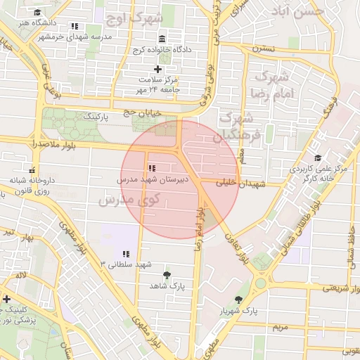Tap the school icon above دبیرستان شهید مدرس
pos(151,169)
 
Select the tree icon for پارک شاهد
pos(166,275)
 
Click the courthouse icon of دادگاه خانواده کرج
pos(162,39)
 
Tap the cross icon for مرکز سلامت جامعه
pos(157,69)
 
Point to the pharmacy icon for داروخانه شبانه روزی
pos(31,170)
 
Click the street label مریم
pos(280,327)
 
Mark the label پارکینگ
pos(96,117)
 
